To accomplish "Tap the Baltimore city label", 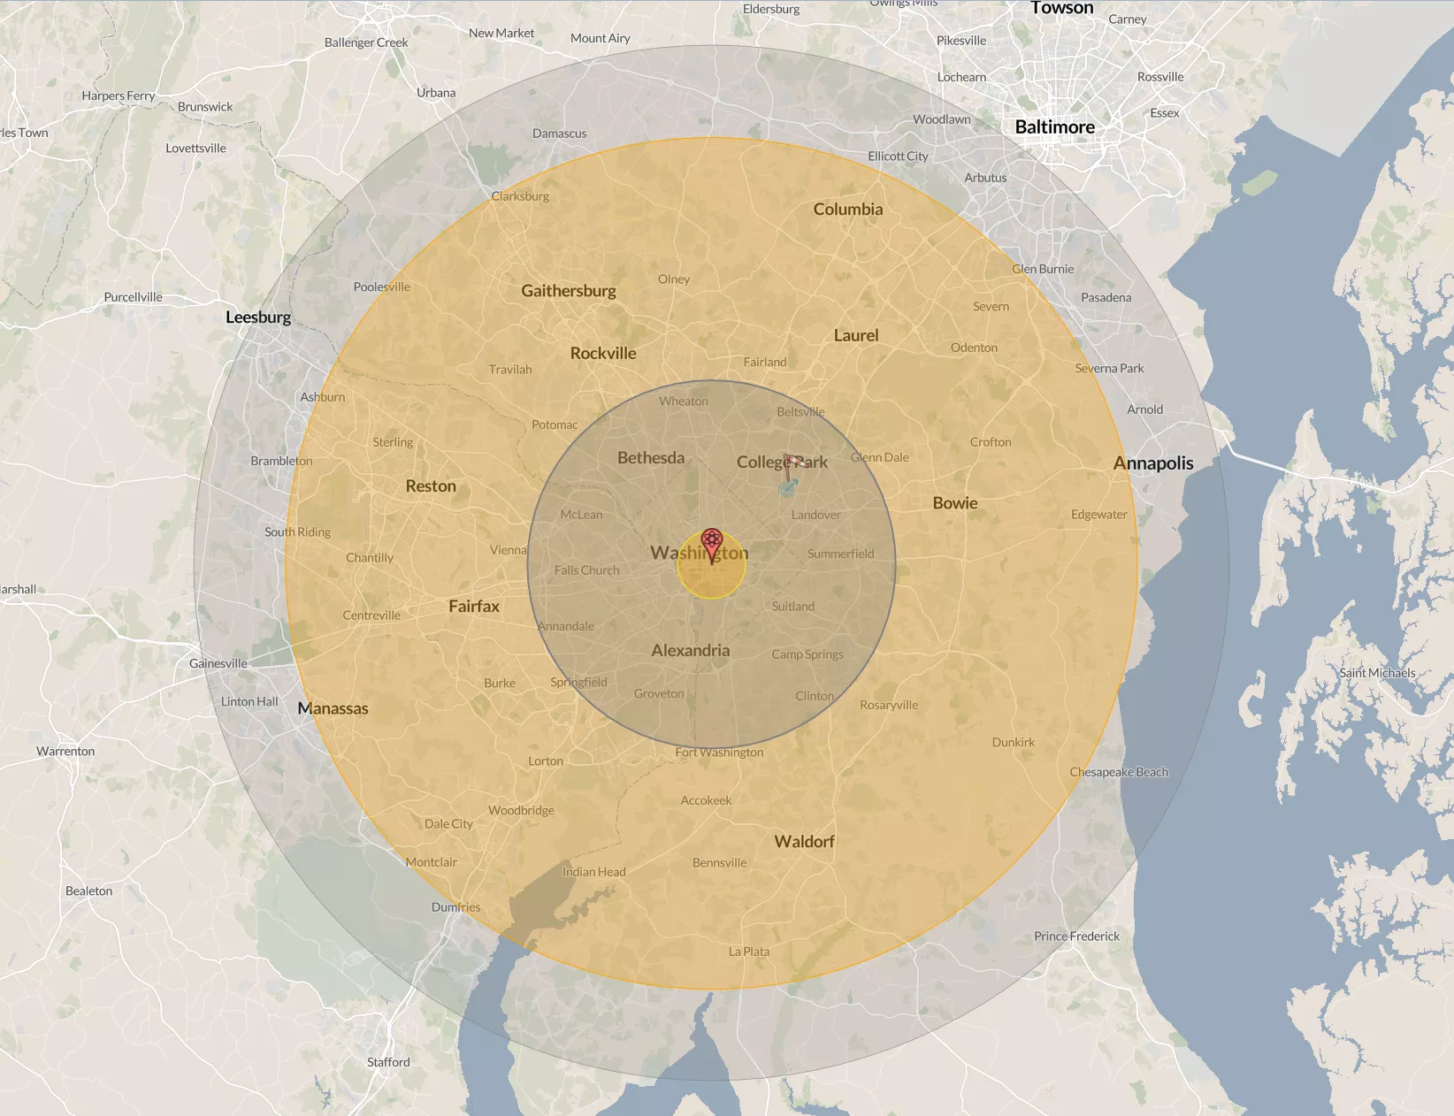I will [1054, 127].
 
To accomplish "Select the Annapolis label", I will [1152, 463].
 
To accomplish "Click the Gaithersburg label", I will [569, 291].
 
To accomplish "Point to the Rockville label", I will [603, 354].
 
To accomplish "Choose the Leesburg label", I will [258, 317].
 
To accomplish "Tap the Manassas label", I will [333, 708].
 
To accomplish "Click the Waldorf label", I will [804, 842].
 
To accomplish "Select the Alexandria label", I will [691, 651].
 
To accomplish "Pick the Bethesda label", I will [651, 458].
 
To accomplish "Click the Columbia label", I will [848, 210].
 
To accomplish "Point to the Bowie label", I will [955, 503].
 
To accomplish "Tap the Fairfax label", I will [474, 607].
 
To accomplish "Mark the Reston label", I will [431, 486].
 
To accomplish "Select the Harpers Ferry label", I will [119, 96].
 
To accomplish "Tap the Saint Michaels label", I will [1377, 673].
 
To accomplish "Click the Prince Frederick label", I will [1076, 936].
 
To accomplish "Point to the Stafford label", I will [388, 1062].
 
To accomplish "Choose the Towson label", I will [1061, 8].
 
